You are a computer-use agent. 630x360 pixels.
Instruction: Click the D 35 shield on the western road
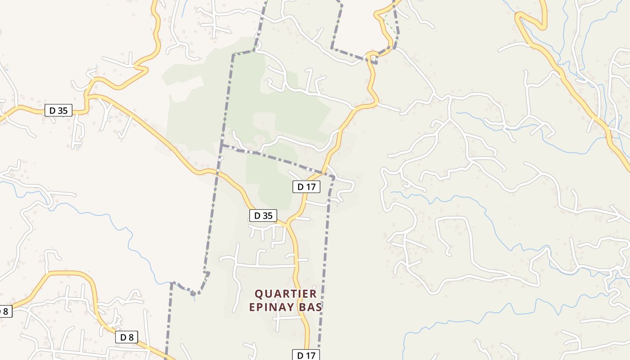(x=58, y=110)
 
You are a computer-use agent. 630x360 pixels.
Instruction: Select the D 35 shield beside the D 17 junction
(x=263, y=216)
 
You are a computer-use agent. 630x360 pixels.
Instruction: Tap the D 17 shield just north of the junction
(x=306, y=187)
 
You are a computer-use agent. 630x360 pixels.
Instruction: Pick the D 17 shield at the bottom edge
(x=306, y=355)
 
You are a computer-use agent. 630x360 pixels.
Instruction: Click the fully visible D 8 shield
(x=126, y=337)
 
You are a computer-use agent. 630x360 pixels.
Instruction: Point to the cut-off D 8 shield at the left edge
(x=4, y=311)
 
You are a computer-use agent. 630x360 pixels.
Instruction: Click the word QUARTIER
(x=286, y=294)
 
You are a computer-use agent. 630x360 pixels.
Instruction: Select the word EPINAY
(x=272, y=307)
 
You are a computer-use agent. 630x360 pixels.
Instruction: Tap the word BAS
(x=313, y=307)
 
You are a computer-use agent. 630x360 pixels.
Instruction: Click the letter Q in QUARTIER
(x=259, y=294)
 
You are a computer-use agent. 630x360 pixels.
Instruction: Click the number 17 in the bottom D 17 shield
(x=310, y=355)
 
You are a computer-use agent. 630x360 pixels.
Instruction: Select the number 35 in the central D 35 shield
(x=268, y=216)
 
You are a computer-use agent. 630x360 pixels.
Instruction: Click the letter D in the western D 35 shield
(x=52, y=110)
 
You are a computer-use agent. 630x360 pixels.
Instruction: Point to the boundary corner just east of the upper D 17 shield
(x=334, y=178)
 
